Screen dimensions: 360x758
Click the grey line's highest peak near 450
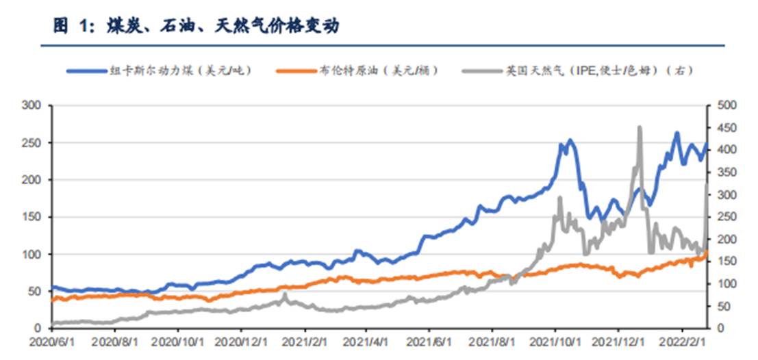click(x=639, y=127)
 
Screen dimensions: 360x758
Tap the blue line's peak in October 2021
click(x=570, y=140)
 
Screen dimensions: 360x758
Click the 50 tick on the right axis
click(x=722, y=306)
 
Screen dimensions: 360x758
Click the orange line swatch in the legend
click(x=296, y=70)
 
